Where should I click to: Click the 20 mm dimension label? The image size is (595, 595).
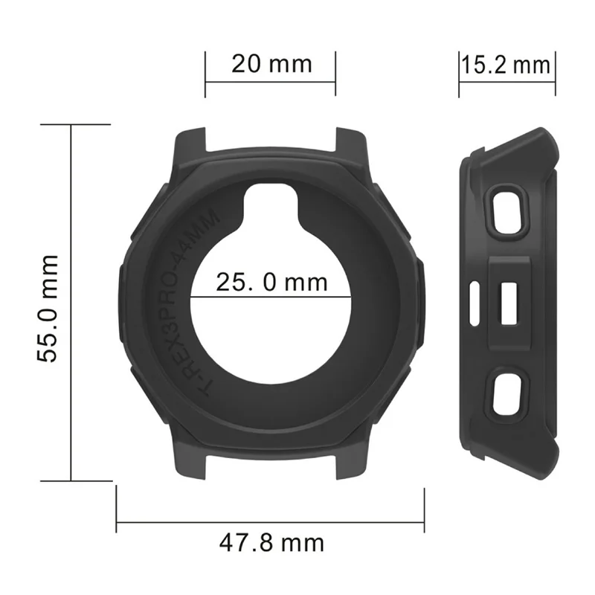(x=271, y=64)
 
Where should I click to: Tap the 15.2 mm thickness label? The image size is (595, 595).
(x=506, y=65)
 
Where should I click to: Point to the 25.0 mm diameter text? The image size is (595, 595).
(x=271, y=282)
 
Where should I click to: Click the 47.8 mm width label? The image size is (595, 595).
(x=271, y=542)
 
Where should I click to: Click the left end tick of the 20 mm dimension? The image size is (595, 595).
(x=205, y=74)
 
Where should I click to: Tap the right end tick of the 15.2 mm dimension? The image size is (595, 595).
(x=555, y=74)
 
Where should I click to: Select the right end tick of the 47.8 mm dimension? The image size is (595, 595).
(x=424, y=506)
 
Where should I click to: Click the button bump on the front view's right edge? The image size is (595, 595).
(x=420, y=297)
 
